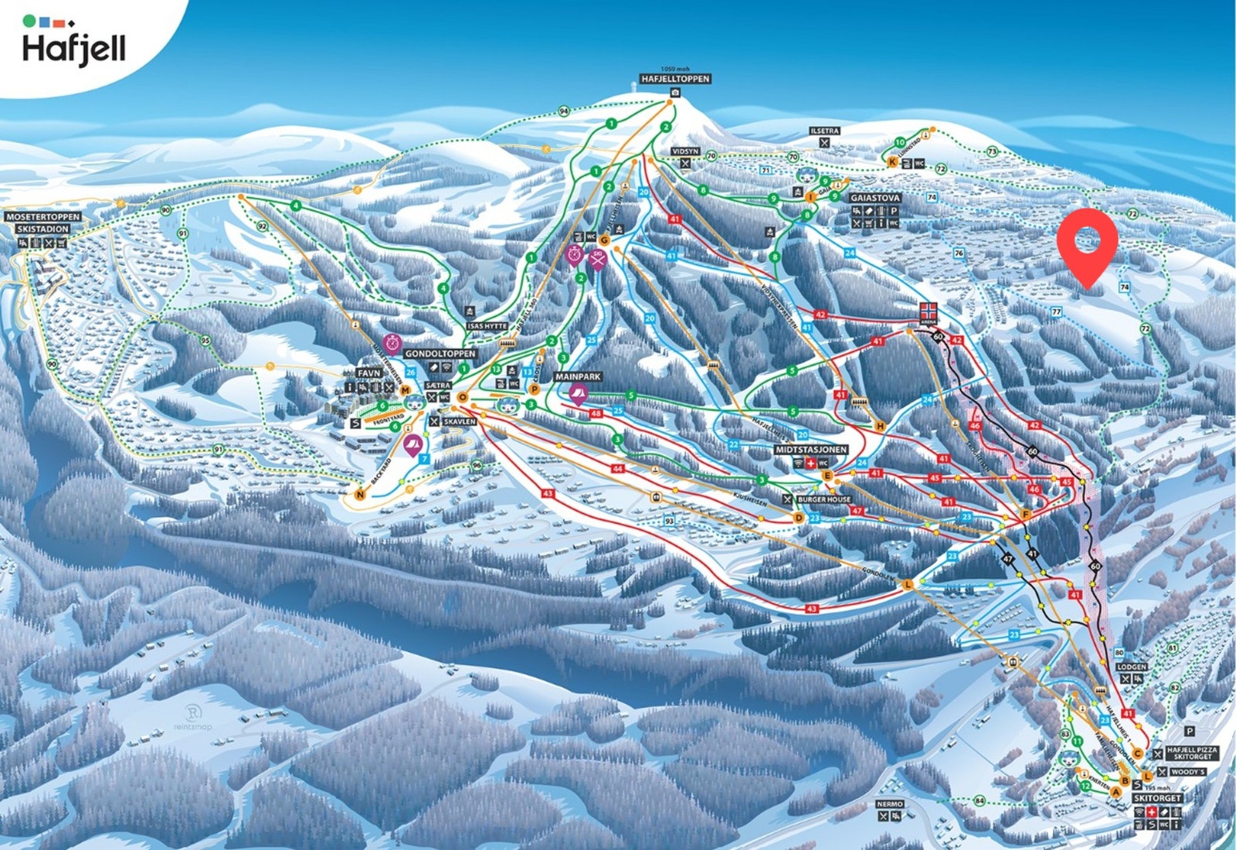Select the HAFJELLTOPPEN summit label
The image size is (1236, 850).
click(x=675, y=79)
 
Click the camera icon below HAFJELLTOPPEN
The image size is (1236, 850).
click(x=675, y=93)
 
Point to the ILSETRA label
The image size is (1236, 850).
click(x=824, y=131)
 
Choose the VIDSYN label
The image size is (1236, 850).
click(x=684, y=151)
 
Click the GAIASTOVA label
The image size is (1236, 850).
click(x=874, y=198)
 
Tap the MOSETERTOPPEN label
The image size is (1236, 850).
click(x=42, y=217)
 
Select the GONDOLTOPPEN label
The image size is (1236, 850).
click(x=440, y=354)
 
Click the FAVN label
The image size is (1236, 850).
click(x=368, y=373)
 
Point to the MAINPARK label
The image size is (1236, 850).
click(x=578, y=377)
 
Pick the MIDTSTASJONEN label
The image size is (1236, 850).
click(x=811, y=450)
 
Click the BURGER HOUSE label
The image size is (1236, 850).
click(x=824, y=500)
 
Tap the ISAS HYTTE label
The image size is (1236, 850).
click(x=487, y=326)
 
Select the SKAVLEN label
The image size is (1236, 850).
click(x=459, y=422)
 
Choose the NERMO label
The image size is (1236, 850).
click(x=890, y=804)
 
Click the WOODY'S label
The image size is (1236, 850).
click(x=1187, y=772)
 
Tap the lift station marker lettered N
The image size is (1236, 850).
click(x=359, y=495)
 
